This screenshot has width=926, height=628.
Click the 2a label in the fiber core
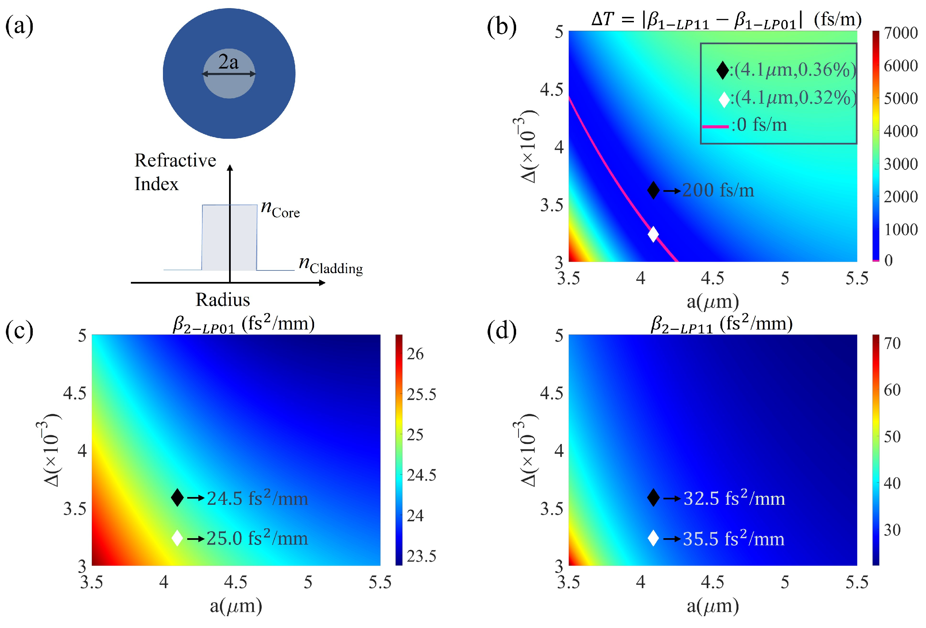coord(228,62)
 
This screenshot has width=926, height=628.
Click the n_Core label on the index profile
coord(280,209)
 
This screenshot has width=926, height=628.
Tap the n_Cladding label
coord(330,265)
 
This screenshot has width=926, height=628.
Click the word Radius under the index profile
coord(222,300)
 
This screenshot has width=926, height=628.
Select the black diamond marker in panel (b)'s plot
coord(653,190)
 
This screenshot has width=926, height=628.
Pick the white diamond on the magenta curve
coord(653,234)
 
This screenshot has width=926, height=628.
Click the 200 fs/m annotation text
coord(718,190)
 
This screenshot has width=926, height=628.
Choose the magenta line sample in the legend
coord(715,126)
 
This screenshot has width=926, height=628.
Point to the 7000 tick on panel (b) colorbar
coord(900,33)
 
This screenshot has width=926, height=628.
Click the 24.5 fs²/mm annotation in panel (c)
coord(257,498)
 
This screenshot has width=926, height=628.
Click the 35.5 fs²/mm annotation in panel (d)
coord(733,539)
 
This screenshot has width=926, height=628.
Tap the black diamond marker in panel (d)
coord(653,497)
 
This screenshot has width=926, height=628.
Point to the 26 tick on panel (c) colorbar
coord(415,354)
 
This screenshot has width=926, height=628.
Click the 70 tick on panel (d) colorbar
coord(892,343)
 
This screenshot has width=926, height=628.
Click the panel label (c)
coord(19,331)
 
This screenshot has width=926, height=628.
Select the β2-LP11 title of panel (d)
coord(721,324)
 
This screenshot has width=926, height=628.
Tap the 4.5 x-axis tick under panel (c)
coord(235,582)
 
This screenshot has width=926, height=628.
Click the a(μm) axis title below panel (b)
coord(712,302)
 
